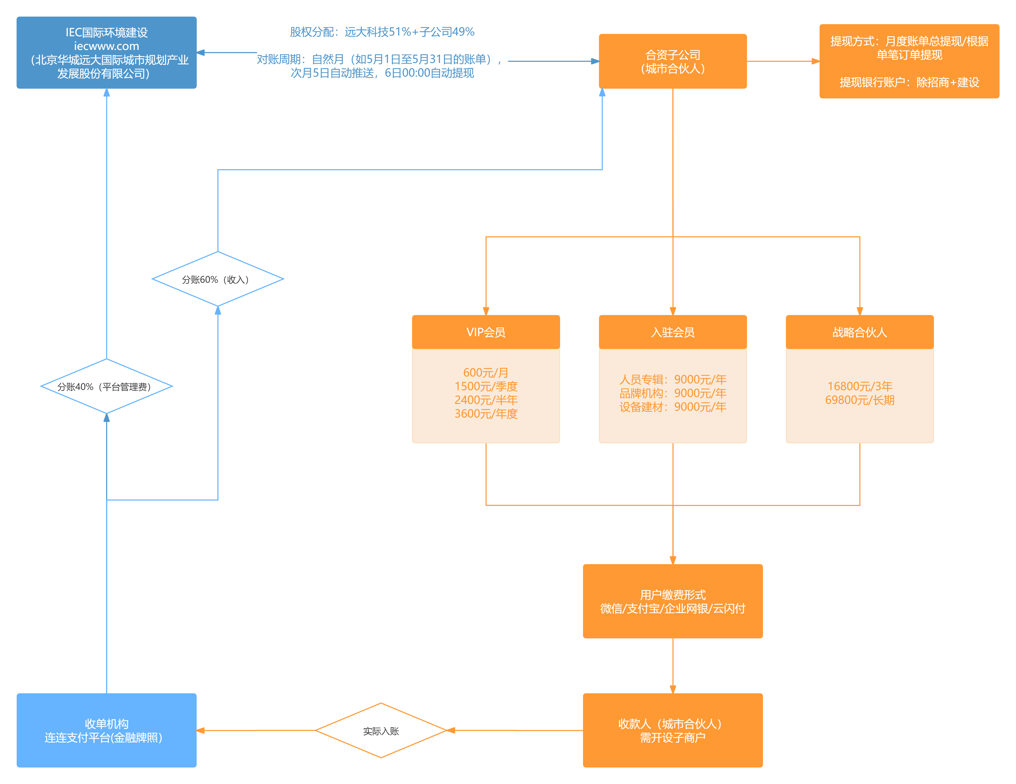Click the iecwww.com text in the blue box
click(106, 46)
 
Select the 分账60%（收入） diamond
click(218, 279)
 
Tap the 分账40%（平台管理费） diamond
click(106, 386)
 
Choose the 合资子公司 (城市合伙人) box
click(673, 61)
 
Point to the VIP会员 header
click(486, 332)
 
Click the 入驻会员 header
click(673, 332)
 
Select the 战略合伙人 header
click(860, 332)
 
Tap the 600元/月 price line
click(486, 372)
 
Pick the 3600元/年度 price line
click(486, 413)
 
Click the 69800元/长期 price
click(860, 400)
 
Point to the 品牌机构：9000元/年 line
click(673, 393)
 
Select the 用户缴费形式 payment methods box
click(673, 601)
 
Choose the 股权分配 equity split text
click(382, 32)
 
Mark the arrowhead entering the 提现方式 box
click(815, 61)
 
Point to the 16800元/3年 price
click(860, 386)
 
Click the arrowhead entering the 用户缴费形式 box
click(673, 560)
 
